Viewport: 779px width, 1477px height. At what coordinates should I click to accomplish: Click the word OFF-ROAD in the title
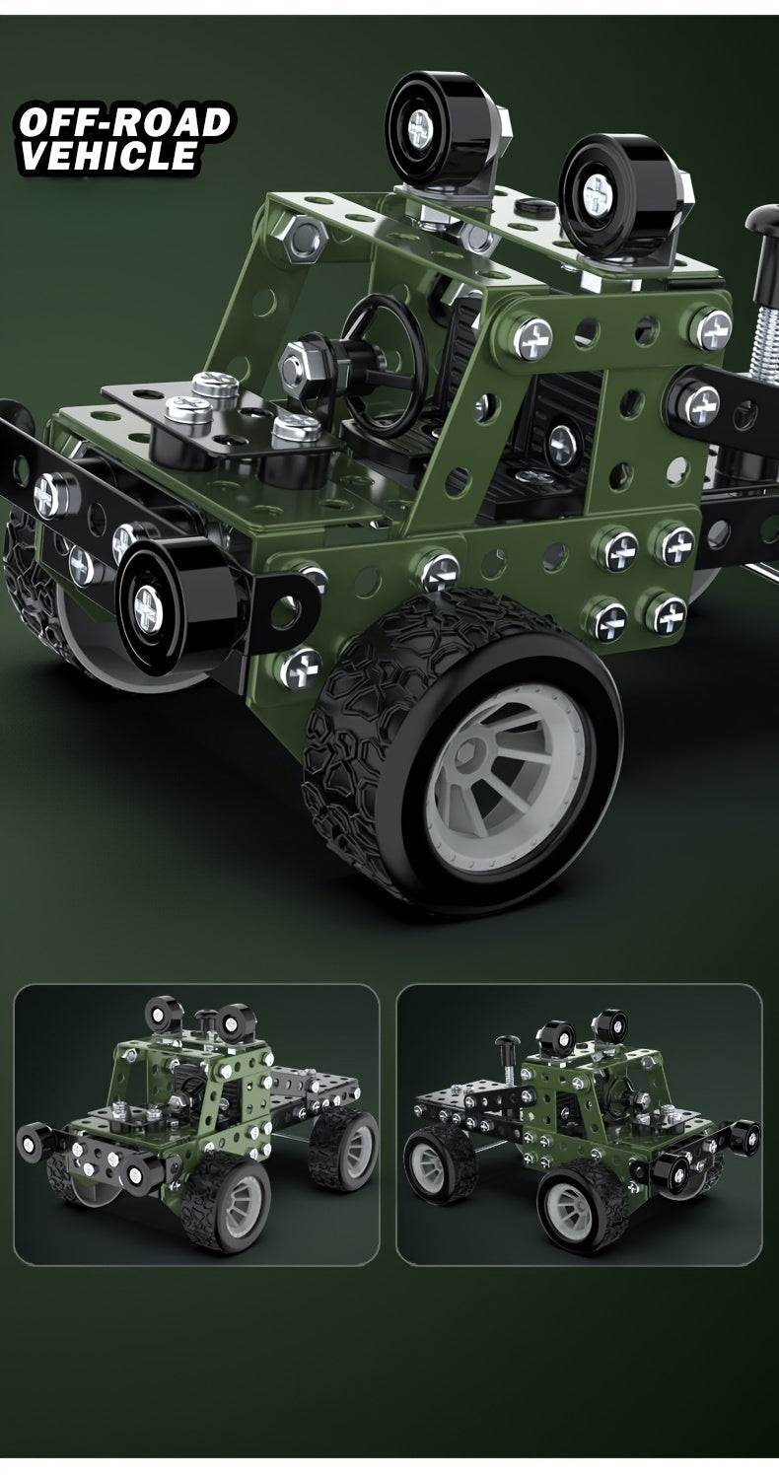coord(125,122)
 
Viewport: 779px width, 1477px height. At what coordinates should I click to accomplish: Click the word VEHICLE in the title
coord(108,156)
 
